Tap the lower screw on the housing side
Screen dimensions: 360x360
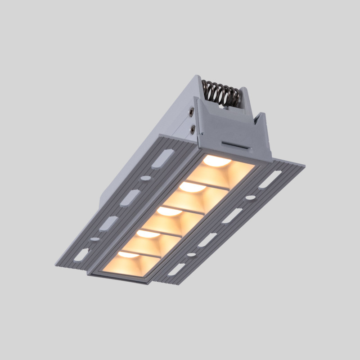[x=193, y=130]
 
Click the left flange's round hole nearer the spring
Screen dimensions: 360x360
[x=145, y=178]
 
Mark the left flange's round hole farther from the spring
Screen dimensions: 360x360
[x=95, y=239]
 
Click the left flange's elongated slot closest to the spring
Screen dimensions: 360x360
[x=162, y=159]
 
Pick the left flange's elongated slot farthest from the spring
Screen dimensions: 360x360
[x=81, y=255]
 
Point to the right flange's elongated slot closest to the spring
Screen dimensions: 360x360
[x=270, y=179]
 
